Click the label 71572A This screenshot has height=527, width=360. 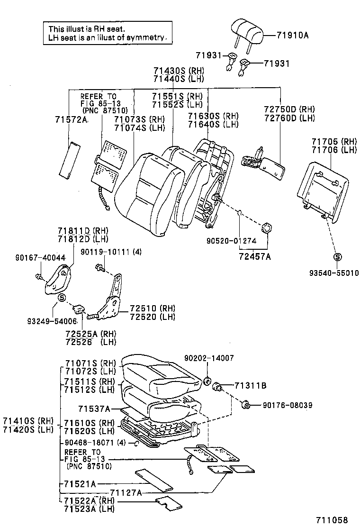coord(72,120)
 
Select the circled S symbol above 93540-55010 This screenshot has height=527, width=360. coord(337,257)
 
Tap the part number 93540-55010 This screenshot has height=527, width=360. coord(334,273)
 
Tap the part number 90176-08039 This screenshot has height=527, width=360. coord(281,405)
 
